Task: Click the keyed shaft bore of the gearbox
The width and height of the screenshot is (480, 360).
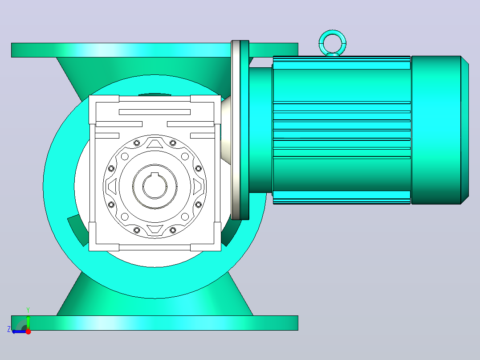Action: pos(155,186)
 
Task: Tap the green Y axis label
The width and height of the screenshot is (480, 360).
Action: pos(28,310)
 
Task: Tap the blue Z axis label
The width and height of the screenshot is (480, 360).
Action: pos(9,329)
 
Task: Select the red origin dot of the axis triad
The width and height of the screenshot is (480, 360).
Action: pos(28,331)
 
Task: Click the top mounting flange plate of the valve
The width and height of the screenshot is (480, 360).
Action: pos(155,50)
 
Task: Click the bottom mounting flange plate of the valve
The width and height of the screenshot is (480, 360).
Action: pos(155,323)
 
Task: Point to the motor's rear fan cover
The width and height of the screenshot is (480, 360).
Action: pos(439,130)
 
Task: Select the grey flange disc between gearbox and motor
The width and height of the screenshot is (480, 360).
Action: pos(236,130)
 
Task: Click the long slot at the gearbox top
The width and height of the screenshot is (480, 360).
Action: pos(155,112)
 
